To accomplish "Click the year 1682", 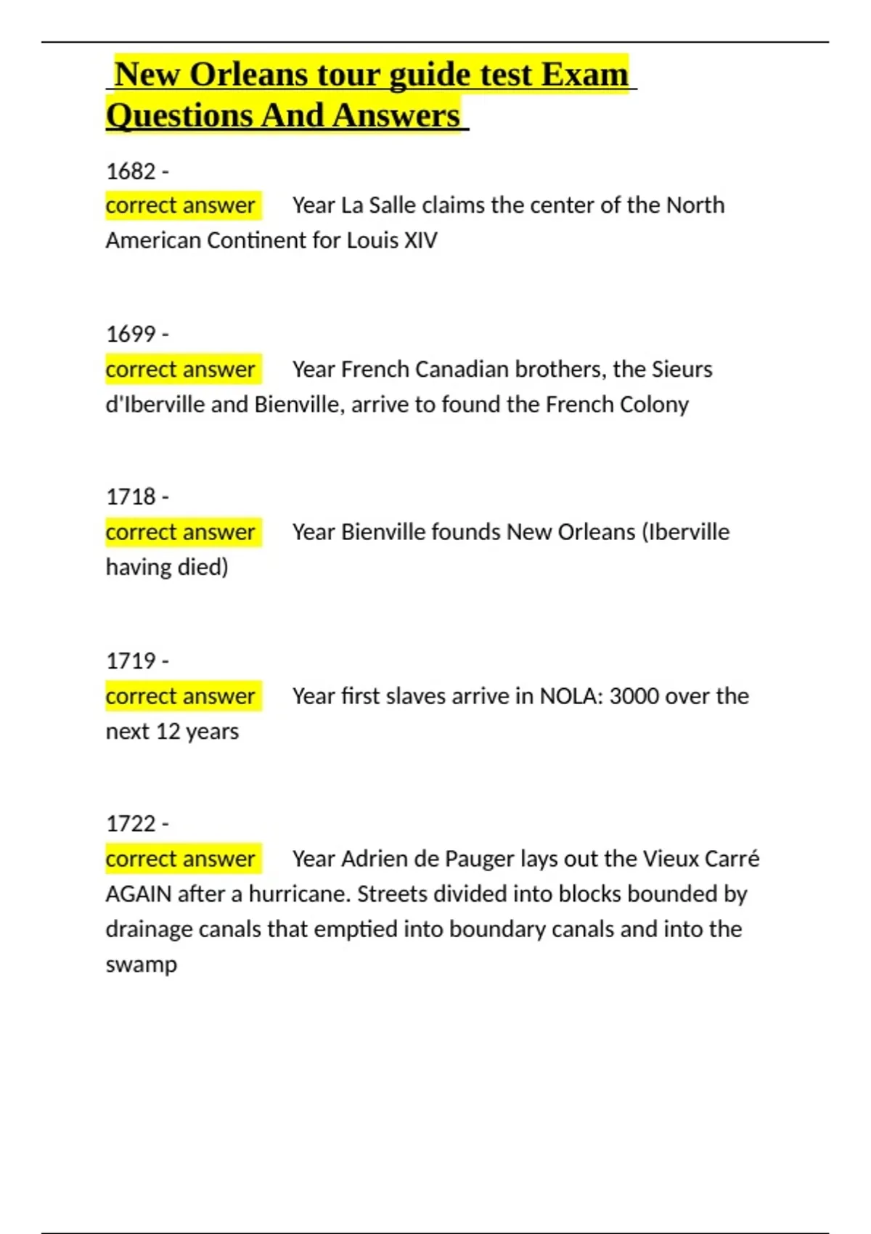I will point(131,171).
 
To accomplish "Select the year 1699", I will point(131,334).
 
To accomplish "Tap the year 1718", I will point(131,497).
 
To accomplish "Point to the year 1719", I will point(131,661).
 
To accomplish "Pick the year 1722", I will point(131,824).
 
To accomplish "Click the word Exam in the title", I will point(584,75).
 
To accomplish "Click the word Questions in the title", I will point(179,115).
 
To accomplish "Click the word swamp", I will point(142,965).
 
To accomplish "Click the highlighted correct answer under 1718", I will point(181,532).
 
